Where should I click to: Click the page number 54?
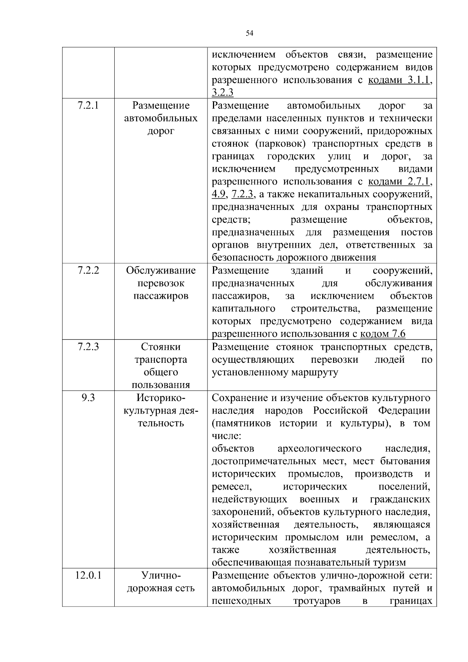point(250,34)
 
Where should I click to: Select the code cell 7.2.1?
point(88,105)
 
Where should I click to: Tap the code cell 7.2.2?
point(88,270)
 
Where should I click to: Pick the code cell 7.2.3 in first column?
point(88,347)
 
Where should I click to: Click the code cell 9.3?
point(88,398)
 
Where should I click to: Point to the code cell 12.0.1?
point(88,575)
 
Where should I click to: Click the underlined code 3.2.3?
point(222,92)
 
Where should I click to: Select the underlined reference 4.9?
point(218,194)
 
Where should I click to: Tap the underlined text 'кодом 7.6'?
point(383,334)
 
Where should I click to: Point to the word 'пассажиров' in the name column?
point(161,296)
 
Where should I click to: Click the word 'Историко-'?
point(161,398)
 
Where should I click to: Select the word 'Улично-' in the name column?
point(161,575)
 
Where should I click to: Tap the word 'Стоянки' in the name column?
point(161,347)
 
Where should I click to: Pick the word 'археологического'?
point(319,449)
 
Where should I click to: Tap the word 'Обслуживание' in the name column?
point(161,270)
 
